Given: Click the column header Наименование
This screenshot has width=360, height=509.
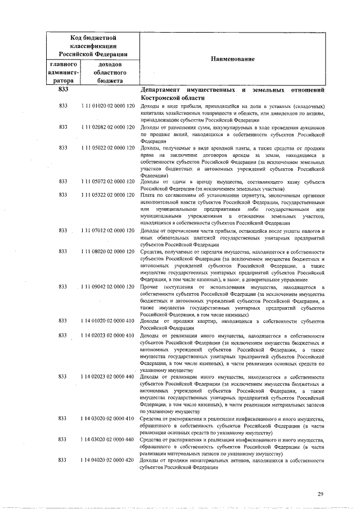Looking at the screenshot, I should (233, 59).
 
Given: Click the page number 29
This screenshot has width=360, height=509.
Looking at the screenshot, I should (320, 494).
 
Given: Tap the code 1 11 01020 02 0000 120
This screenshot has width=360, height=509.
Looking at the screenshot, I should (107, 106).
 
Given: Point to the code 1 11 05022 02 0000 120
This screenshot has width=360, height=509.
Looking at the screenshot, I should (107, 147).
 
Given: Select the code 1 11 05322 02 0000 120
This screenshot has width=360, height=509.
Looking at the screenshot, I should (107, 195).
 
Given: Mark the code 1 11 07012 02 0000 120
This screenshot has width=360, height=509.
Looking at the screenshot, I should (107, 231).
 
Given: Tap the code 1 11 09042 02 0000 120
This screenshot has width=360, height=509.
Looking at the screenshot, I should (107, 287).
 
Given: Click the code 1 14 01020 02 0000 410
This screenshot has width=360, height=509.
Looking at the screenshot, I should (107, 321).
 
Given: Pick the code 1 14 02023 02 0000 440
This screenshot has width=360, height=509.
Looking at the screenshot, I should (107, 376).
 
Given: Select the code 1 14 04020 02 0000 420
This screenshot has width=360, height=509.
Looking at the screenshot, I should (107, 460).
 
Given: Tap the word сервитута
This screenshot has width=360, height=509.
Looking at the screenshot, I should (244, 195).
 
